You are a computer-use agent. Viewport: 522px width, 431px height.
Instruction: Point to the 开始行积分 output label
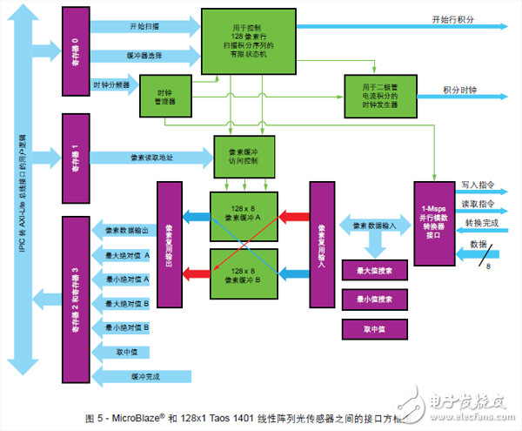(453, 19)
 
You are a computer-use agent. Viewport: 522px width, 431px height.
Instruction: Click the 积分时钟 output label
(459, 90)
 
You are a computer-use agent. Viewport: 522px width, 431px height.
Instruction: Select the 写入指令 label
(478, 185)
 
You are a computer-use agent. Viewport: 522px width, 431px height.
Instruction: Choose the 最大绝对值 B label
(127, 304)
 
